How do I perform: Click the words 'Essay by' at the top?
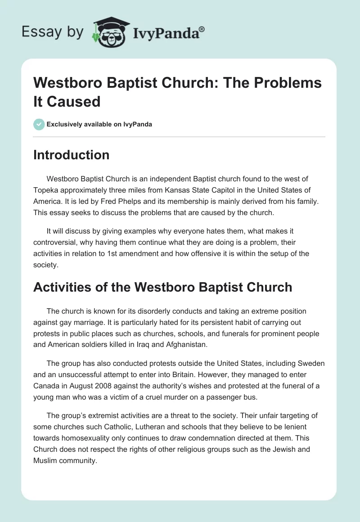pos(52,32)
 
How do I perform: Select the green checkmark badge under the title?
pos(39,124)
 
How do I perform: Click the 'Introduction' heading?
pos(71,155)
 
